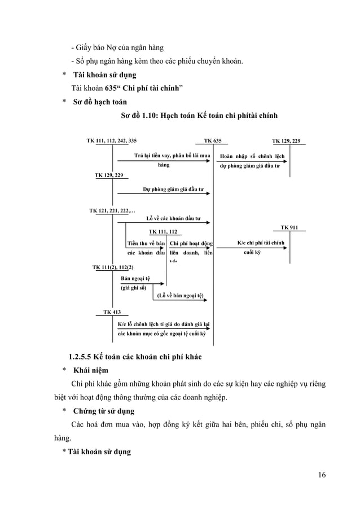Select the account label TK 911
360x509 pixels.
289,227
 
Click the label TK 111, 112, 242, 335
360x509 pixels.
111,141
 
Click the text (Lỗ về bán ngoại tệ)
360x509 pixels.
180,295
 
